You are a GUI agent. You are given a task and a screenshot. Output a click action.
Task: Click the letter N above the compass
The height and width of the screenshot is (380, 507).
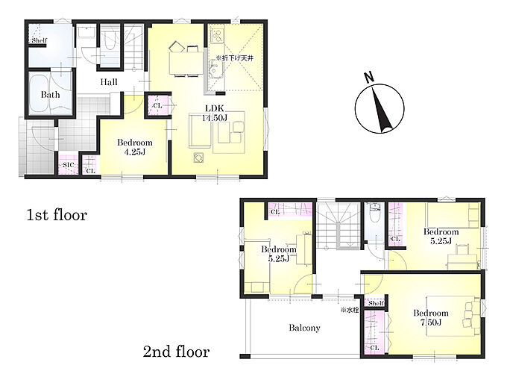[369, 77]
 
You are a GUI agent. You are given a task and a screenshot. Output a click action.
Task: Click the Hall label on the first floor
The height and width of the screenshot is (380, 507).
[109, 82]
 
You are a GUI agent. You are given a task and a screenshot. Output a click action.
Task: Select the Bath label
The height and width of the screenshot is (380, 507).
[50, 95]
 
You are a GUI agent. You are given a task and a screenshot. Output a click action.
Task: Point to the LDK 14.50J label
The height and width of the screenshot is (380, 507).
[215, 113]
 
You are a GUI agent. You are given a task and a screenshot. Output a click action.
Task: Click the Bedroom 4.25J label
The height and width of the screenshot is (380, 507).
[134, 147]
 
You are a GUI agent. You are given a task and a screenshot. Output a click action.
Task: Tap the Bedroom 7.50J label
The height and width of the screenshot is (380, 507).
[431, 317]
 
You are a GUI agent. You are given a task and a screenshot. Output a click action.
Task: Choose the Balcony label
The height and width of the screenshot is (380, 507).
[304, 328]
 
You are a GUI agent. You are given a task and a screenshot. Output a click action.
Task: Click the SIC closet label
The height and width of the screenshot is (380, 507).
[69, 165]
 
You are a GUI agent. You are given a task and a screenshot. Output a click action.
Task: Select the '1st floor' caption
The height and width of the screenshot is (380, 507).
[57, 215]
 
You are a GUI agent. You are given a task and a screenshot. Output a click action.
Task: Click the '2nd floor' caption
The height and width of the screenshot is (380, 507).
[176, 352]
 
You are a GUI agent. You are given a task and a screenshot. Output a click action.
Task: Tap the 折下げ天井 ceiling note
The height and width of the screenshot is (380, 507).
[235, 58]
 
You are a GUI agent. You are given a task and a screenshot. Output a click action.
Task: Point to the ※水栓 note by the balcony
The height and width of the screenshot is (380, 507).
[350, 310]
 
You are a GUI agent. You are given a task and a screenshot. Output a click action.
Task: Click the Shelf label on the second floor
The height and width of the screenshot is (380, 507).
[376, 303]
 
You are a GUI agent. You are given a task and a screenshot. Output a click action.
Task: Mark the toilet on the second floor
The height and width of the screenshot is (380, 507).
[375, 213]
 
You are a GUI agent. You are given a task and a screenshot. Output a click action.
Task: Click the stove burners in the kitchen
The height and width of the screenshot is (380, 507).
[217, 36]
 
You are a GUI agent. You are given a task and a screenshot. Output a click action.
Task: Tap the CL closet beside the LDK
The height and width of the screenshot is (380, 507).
[157, 105]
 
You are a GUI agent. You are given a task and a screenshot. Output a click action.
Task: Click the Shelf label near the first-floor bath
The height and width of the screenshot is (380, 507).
[40, 40]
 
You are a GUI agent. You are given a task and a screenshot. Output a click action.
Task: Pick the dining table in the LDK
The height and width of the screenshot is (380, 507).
[186, 63]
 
